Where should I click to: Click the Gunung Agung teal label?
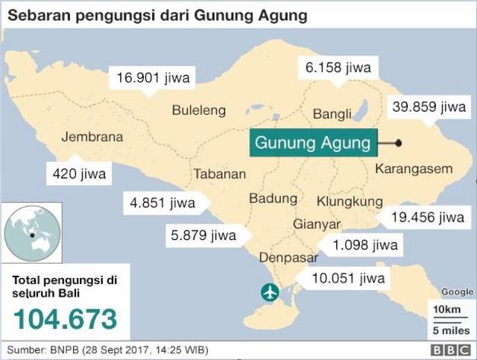(313, 142)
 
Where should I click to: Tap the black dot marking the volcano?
(399, 142)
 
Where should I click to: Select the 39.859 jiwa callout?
(429, 107)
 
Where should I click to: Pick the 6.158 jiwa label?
(338, 67)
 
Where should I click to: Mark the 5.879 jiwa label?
(203, 236)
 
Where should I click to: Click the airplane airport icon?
(269, 291)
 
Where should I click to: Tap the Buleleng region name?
(198, 110)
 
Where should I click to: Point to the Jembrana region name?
(92, 137)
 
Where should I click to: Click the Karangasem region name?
(414, 168)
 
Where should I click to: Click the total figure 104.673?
(65, 318)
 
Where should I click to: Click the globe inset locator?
(31, 234)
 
